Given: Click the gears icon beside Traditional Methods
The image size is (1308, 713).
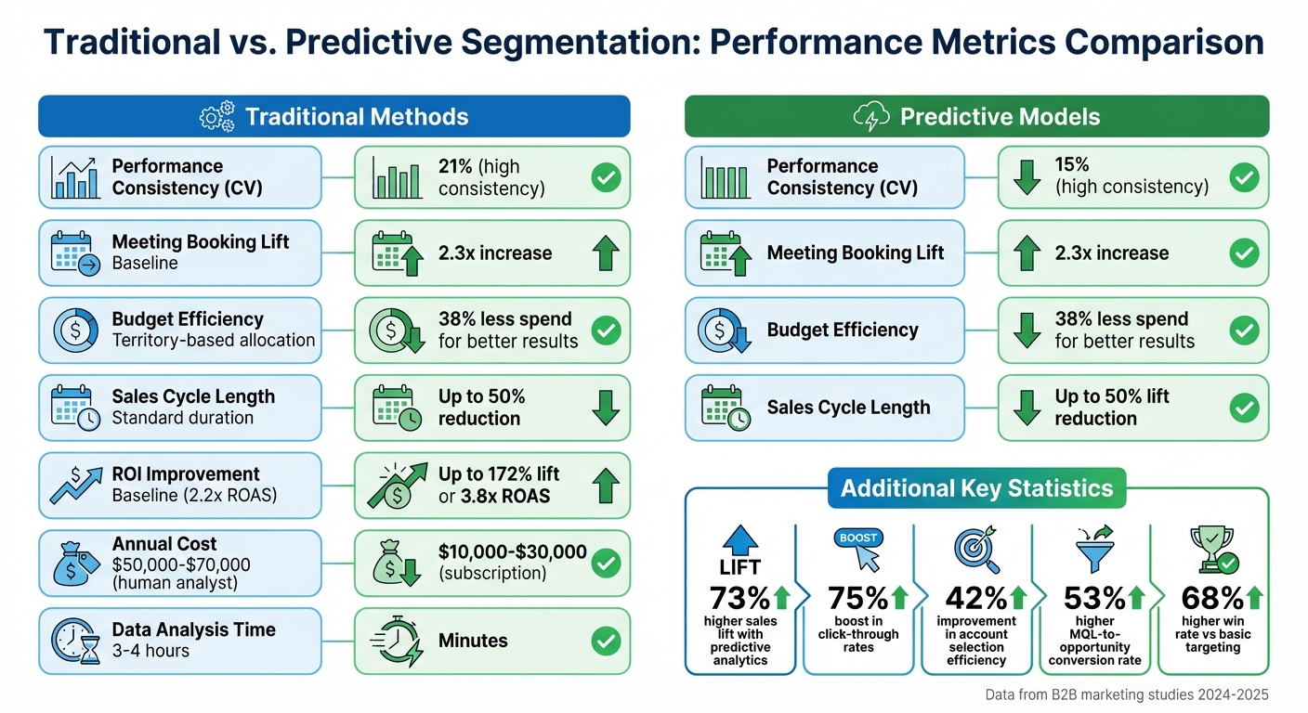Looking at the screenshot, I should (x=218, y=116).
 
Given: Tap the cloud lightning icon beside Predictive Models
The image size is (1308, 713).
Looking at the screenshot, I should (x=871, y=117).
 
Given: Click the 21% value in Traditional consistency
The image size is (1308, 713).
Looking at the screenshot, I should (x=454, y=166).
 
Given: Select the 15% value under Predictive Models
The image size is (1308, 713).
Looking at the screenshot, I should (x=1072, y=164).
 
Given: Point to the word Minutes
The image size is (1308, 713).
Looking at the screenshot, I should (x=473, y=641).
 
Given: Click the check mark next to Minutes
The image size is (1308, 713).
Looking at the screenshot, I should (x=606, y=641).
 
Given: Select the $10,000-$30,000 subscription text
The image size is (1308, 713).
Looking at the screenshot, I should (x=512, y=562).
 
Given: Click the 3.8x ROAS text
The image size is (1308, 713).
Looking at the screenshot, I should (x=506, y=496).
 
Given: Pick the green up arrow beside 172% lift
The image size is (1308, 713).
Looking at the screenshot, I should (x=606, y=486).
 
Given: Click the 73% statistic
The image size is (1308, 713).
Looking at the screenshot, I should (x=739, y=598).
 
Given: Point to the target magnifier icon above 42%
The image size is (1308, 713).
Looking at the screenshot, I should (x=976, y=550).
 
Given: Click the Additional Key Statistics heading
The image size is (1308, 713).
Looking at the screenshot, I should (x=976, y=489).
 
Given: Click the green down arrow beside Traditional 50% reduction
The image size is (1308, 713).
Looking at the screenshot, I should (x=606, y=408).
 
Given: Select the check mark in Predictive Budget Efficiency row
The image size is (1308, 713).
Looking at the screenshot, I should (x=1243, y=330).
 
